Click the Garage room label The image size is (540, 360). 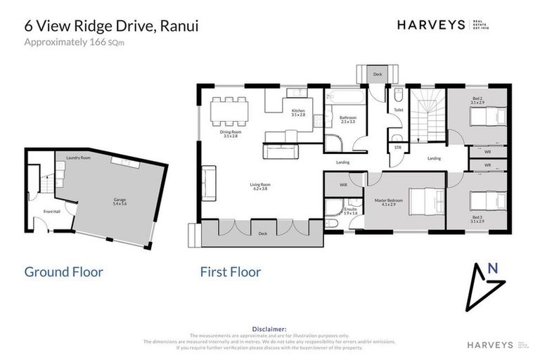(120, 200)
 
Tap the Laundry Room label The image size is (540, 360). (78, 157)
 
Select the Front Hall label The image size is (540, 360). (51, 211)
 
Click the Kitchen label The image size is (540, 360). (298, 112)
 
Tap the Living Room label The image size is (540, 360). (260, 186)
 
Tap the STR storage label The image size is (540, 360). (397, 148)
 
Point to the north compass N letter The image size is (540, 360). (493, 268)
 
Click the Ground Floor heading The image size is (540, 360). (64, 271)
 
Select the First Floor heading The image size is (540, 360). (231, 271)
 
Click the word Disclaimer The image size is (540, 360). (269, 328)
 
